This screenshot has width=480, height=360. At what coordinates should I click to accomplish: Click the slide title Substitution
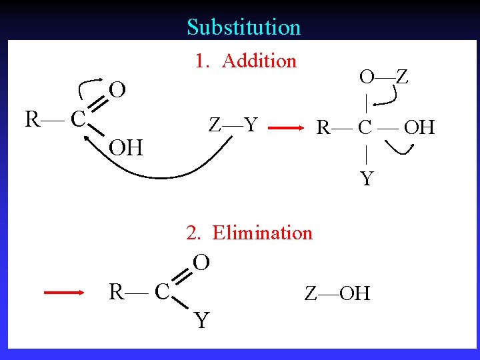pos(243,27)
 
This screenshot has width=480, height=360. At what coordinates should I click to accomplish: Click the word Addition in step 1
pos(259,61)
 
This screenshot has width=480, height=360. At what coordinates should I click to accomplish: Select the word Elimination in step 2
pos(262,233)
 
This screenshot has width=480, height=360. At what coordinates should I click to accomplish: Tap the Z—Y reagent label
pos(233,125)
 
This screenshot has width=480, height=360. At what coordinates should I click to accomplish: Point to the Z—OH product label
pos(337,293)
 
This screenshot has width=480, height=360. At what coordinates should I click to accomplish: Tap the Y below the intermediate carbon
pos(367,179)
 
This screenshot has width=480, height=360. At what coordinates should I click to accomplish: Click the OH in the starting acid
pos(126,148)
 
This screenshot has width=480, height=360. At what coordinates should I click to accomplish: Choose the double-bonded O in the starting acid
pos(118,89)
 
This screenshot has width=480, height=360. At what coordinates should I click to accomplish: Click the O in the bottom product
pos(201,262)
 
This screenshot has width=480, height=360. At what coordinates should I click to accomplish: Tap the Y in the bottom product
pos(201,321)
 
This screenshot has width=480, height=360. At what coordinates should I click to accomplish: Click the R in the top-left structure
pos(32,120)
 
